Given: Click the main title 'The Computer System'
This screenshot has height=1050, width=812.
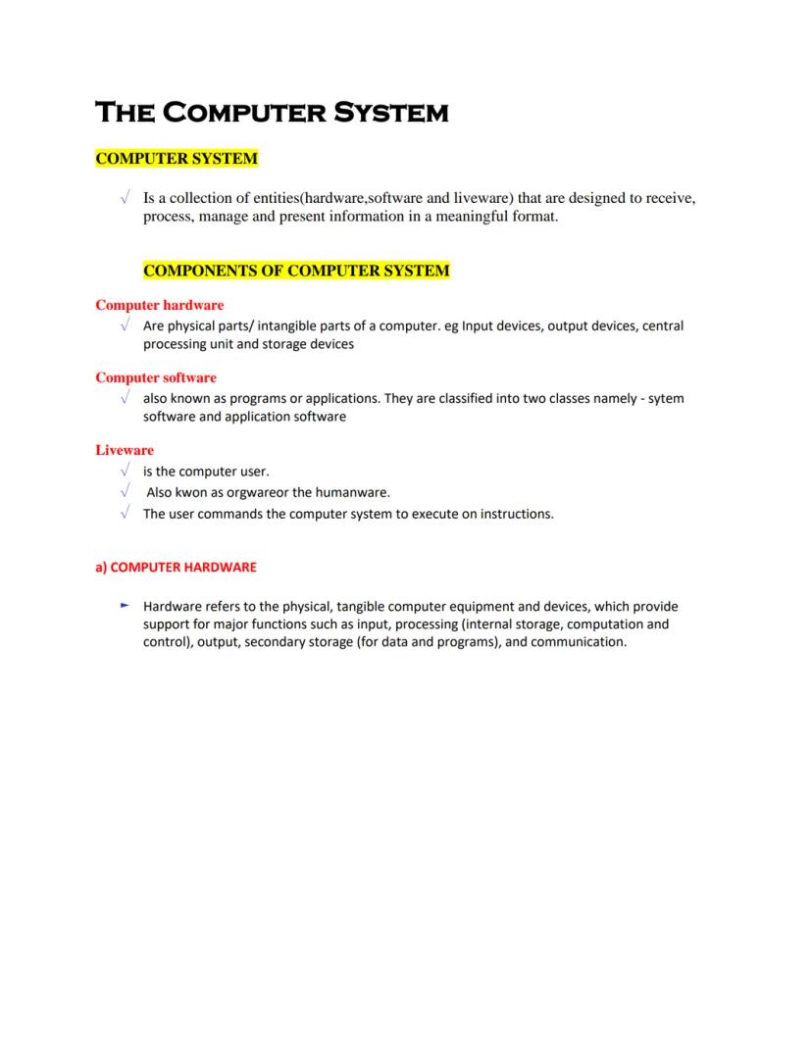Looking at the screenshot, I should [x=272, y=112].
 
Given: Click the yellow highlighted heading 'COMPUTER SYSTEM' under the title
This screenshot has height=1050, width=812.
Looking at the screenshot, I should [x=177, y=158].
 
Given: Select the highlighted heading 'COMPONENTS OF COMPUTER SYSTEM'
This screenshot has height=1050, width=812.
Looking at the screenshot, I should [x=296, y=271].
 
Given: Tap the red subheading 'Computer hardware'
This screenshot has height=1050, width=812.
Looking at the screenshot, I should [x=159, y=305].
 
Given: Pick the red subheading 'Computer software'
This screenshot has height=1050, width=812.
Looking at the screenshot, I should [x=156, y=377].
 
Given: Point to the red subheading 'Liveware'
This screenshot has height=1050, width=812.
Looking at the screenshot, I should [x=125, y=450].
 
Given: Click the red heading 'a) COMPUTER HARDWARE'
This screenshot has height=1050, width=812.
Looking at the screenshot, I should [x=176, y=567].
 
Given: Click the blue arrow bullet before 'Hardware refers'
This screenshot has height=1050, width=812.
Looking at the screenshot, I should [x=125, y=606].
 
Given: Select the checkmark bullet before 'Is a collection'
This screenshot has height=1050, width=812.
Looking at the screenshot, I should [x=125, y=198].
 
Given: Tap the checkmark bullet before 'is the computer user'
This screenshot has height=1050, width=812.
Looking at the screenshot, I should [x=125, y=472].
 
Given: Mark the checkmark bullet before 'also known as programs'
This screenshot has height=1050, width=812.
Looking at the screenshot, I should [x=125, y=398].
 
